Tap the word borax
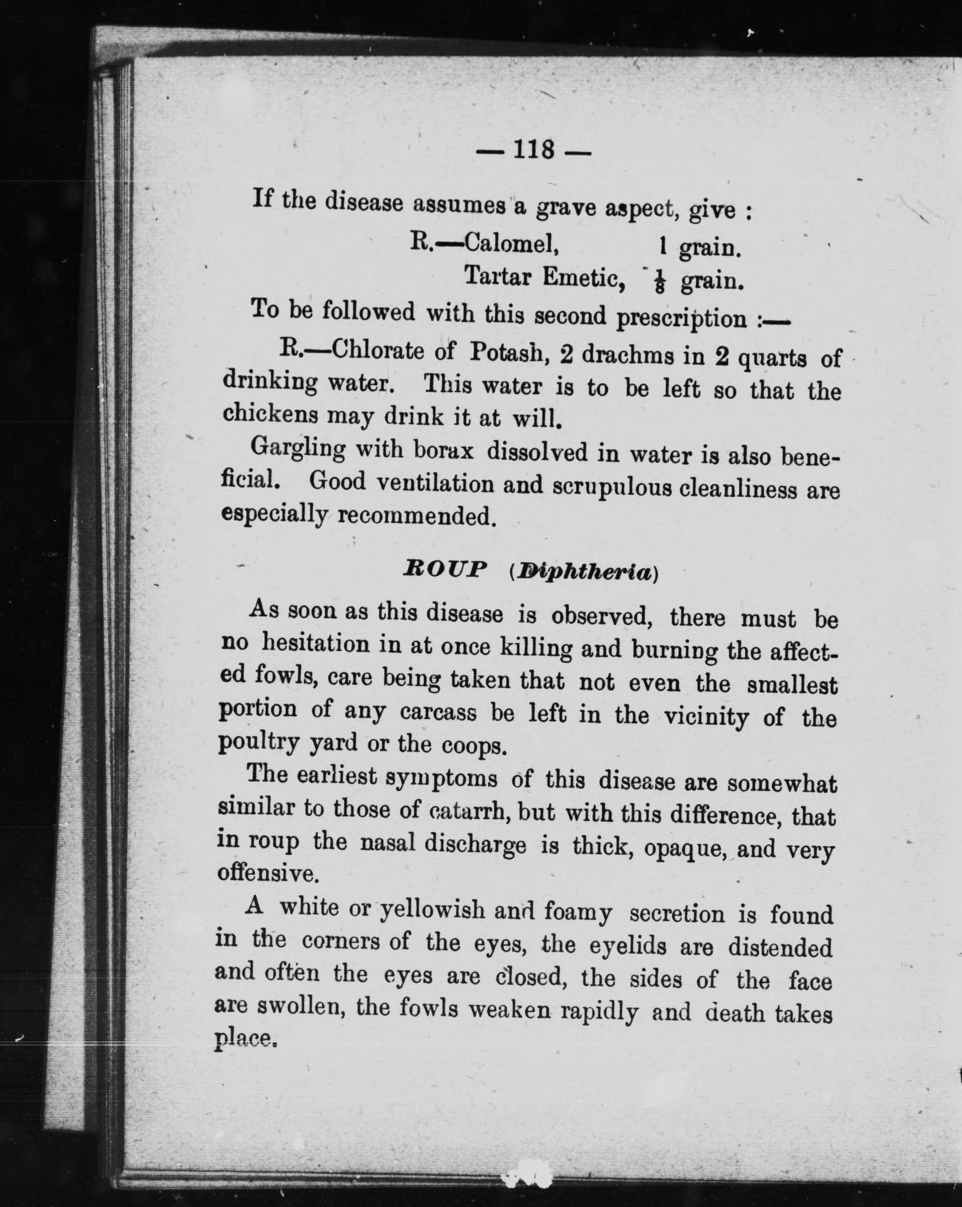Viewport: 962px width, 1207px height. click(443, 451)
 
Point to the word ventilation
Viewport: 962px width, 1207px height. click(434, 484)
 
